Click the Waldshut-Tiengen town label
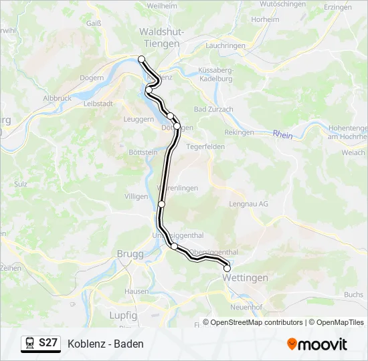[159, 37]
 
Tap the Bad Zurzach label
[213, 109]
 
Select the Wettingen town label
[245, 277]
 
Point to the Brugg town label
[130, 253]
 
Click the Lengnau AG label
[248, 204]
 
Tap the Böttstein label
[143, 152]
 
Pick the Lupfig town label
[123, 314]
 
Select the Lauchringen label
[226, 45]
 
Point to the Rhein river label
[282, 134]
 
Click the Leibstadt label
[98, 104]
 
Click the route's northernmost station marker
[142, 59]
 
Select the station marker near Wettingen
[227, 269]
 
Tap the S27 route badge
[40, 344]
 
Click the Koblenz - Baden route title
[105, 344]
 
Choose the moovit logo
[317, 344]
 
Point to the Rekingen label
[240, 132]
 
